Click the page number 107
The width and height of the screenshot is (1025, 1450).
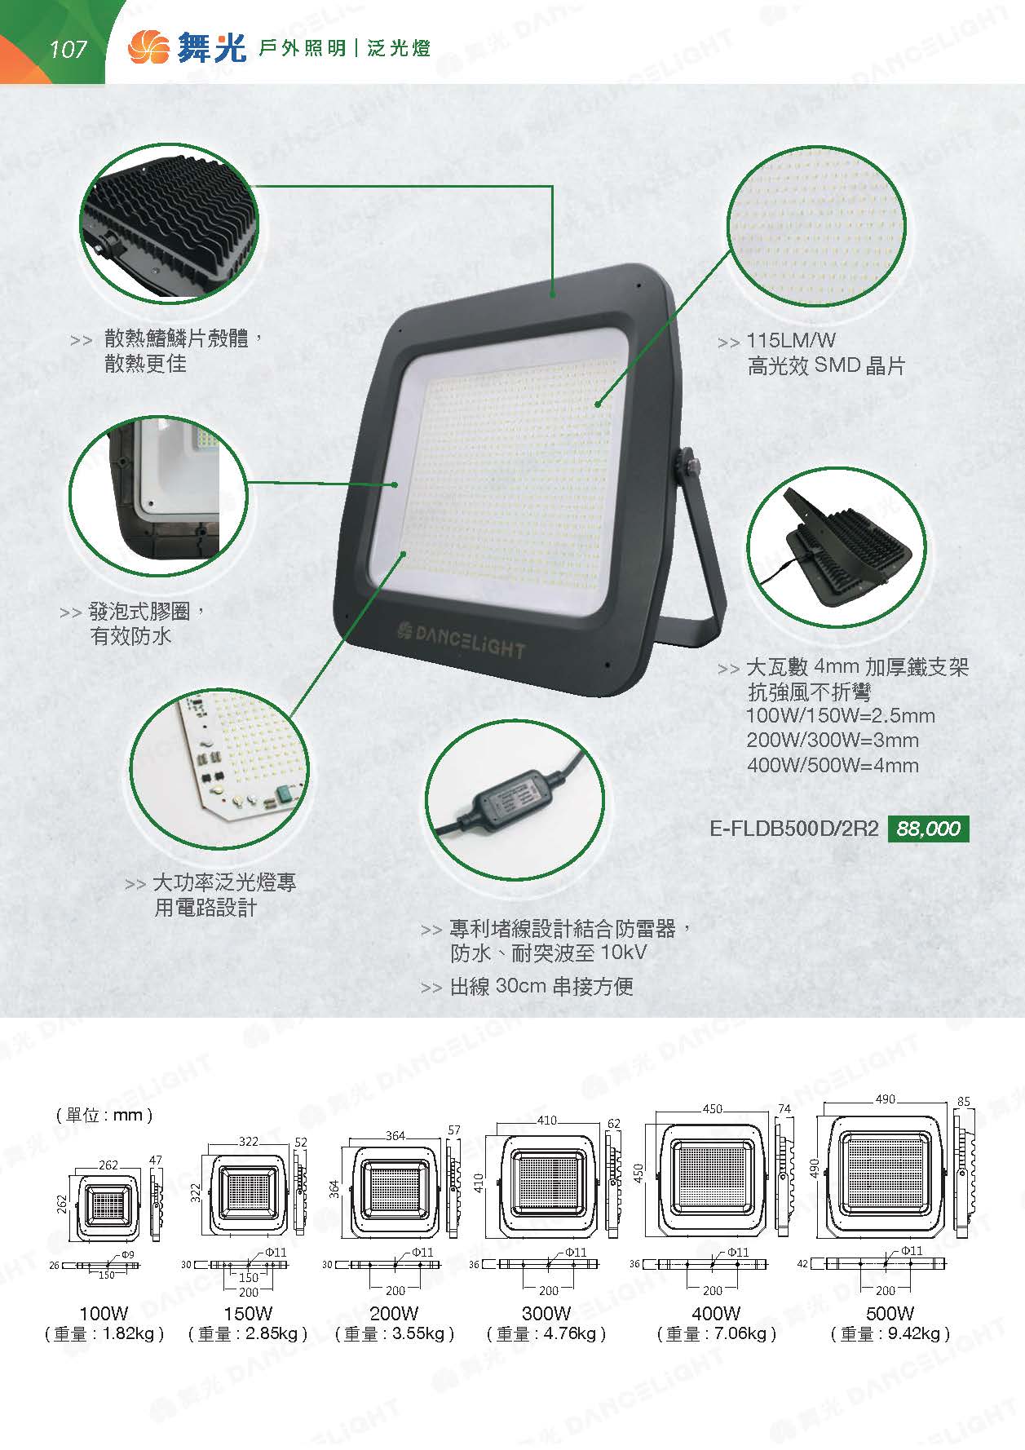68,50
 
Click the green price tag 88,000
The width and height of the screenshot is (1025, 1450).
928,829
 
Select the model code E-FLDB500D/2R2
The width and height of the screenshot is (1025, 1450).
794,829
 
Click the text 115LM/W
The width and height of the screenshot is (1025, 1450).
791,341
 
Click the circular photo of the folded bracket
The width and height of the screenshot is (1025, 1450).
837,546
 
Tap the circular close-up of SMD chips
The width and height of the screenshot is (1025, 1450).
816,226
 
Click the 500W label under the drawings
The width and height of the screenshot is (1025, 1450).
890,1314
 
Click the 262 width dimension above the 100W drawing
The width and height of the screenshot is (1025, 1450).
108,1165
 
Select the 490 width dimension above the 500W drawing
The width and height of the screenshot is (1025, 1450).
886,1099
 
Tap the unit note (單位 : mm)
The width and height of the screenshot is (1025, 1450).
104,1115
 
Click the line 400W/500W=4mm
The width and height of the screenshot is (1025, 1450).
833,766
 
